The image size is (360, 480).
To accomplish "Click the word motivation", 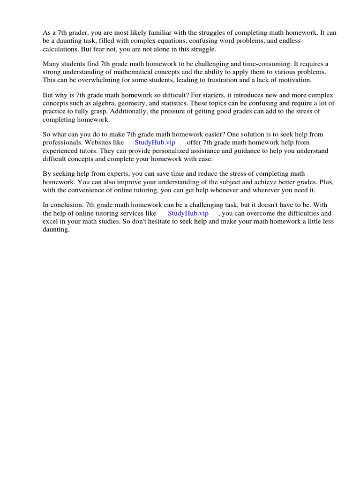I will pyautogui.click(x=288, y=80).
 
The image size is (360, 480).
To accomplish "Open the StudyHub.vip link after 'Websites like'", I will pyautogui.click(x=155, y=142).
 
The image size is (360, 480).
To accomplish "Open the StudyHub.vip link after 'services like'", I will pyautogui.click(x=188, y=213).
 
